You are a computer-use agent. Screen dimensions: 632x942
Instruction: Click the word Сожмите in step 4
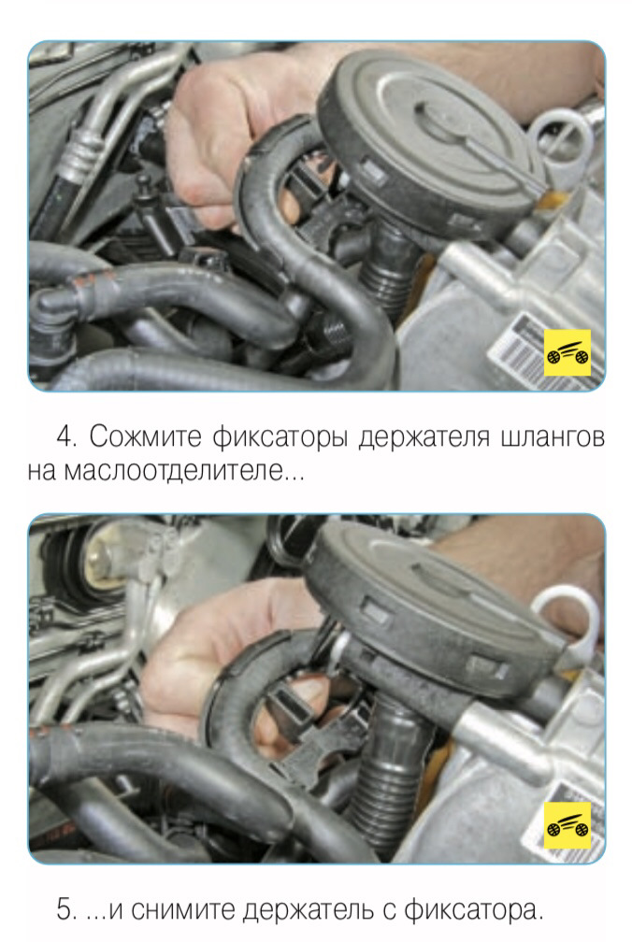coord(146,437)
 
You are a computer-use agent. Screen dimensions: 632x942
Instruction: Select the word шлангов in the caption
coord(553,437)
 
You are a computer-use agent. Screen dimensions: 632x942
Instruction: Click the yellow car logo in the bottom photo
coord(567,825)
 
